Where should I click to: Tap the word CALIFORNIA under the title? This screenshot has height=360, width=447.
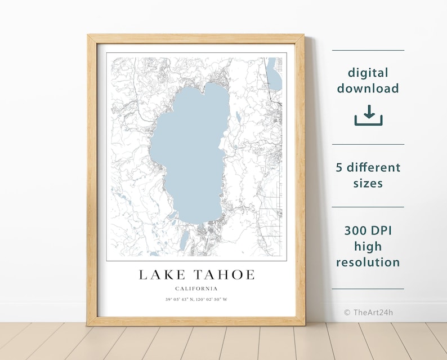point(196,288)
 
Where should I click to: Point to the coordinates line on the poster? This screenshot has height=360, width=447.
point(196,299)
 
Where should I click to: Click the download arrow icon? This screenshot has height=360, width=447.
point(368,115)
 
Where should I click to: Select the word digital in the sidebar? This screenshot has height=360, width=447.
point(368,73)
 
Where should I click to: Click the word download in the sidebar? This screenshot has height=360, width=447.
point(368,88)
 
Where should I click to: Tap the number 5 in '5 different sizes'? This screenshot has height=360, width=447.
point(340,167)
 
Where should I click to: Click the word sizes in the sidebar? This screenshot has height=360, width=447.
point(368,183)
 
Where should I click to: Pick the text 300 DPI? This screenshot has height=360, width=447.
point(368,230)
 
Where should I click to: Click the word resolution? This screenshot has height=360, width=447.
point(368,262)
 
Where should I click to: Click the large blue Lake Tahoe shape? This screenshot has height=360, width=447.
point(191,152)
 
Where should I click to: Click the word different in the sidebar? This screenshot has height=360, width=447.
point(374,167)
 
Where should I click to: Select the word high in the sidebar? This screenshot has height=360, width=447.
point(368,246)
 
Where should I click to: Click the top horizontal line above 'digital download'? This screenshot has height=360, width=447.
point(368,50)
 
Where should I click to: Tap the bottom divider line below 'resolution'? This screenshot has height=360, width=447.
point(368,289)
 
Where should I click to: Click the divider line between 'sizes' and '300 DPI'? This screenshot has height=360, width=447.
point(368,207)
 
